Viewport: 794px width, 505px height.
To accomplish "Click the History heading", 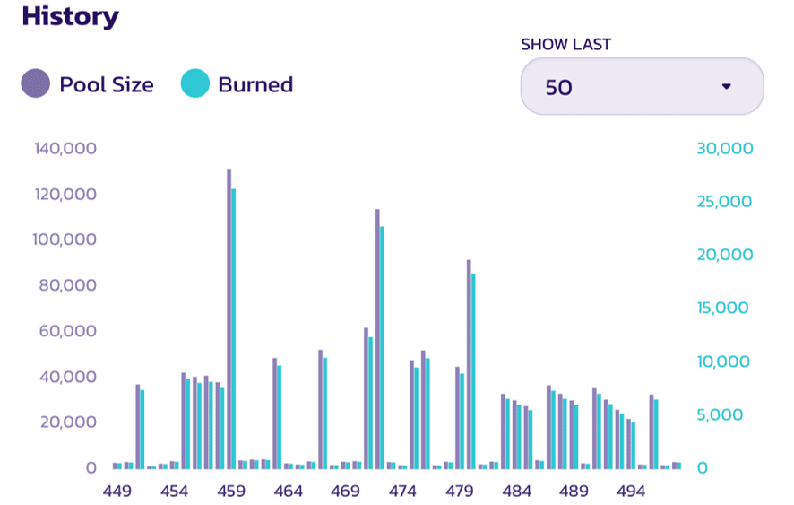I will pos(70,16).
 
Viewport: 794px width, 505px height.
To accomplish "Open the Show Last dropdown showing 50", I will pos(642,87).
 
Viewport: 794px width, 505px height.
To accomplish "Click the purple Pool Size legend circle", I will pos(35,84).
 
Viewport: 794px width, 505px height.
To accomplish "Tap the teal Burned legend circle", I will pos(194,84).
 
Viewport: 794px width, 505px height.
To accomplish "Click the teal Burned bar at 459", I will pos(234,327).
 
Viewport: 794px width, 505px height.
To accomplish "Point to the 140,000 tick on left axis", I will pos(65,149).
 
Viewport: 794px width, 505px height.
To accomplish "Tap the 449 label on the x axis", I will pos(117,492).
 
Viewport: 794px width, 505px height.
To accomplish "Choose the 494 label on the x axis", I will pos(631,492).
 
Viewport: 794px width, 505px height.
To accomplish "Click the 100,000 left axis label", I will pos(65,240).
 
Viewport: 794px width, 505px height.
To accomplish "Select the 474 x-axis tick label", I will pos(402,492).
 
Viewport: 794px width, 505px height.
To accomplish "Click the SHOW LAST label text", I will pos(565,44).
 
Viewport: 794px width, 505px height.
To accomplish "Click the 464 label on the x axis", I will pos(289,492).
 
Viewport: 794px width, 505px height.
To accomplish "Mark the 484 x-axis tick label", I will pos(517,492).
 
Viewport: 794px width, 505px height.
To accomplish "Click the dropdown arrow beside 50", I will pos(727,87).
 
